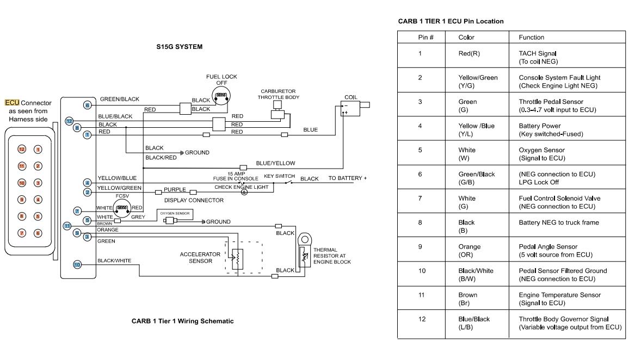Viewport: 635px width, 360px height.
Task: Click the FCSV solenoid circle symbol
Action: tap(123, 207)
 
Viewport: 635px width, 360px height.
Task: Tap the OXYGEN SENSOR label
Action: tap(175, 213)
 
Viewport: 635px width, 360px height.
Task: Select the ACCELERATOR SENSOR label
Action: tap(200, 257)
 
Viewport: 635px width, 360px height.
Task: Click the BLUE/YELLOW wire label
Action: tap(275, 163)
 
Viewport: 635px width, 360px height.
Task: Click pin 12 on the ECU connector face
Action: tap(22, 149)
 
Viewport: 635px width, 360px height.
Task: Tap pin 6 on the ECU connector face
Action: tap(38, 233)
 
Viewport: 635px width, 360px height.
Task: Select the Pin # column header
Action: tap(420, 38)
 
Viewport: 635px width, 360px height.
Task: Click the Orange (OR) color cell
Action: tap(470, 251)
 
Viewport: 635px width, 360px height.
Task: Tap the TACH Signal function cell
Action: tap(538, 57)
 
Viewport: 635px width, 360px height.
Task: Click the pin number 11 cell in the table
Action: tap(420, 295)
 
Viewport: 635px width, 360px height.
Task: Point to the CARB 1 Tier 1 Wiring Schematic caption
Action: tap(182, 321)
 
